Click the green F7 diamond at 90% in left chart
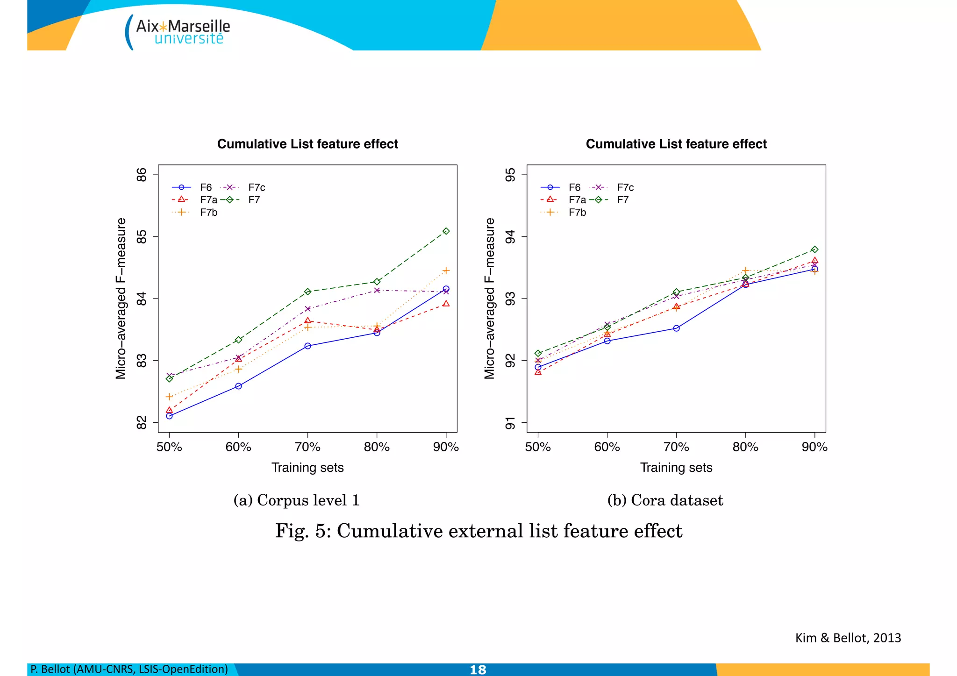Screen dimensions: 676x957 tap(446, 231)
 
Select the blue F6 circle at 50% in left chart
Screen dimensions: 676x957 tap(169, 416)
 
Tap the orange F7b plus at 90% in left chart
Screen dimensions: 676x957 tap(446, 270)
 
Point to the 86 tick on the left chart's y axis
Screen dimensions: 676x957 tap(141, 175)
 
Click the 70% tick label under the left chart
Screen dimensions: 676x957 tap(307, 447)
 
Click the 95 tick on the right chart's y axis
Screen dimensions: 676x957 tap(510, 175)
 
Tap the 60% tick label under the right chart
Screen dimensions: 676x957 tap(607, 447)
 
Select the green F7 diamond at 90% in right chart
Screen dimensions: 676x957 tap(814, 249)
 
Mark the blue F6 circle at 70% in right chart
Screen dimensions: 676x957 tap(676, 328)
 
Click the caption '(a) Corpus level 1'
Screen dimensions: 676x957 tap(296, 500)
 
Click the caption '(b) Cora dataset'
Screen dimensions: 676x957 tap(664, 500)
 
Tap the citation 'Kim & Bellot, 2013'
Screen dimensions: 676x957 tap(848, 638)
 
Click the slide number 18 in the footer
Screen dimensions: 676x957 tap(478, 670)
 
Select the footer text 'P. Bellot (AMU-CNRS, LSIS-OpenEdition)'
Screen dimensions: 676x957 tap(129, 669)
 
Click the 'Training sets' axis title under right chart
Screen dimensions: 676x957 tap(676, 468)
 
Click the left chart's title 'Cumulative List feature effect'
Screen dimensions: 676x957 tap(307, 144)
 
